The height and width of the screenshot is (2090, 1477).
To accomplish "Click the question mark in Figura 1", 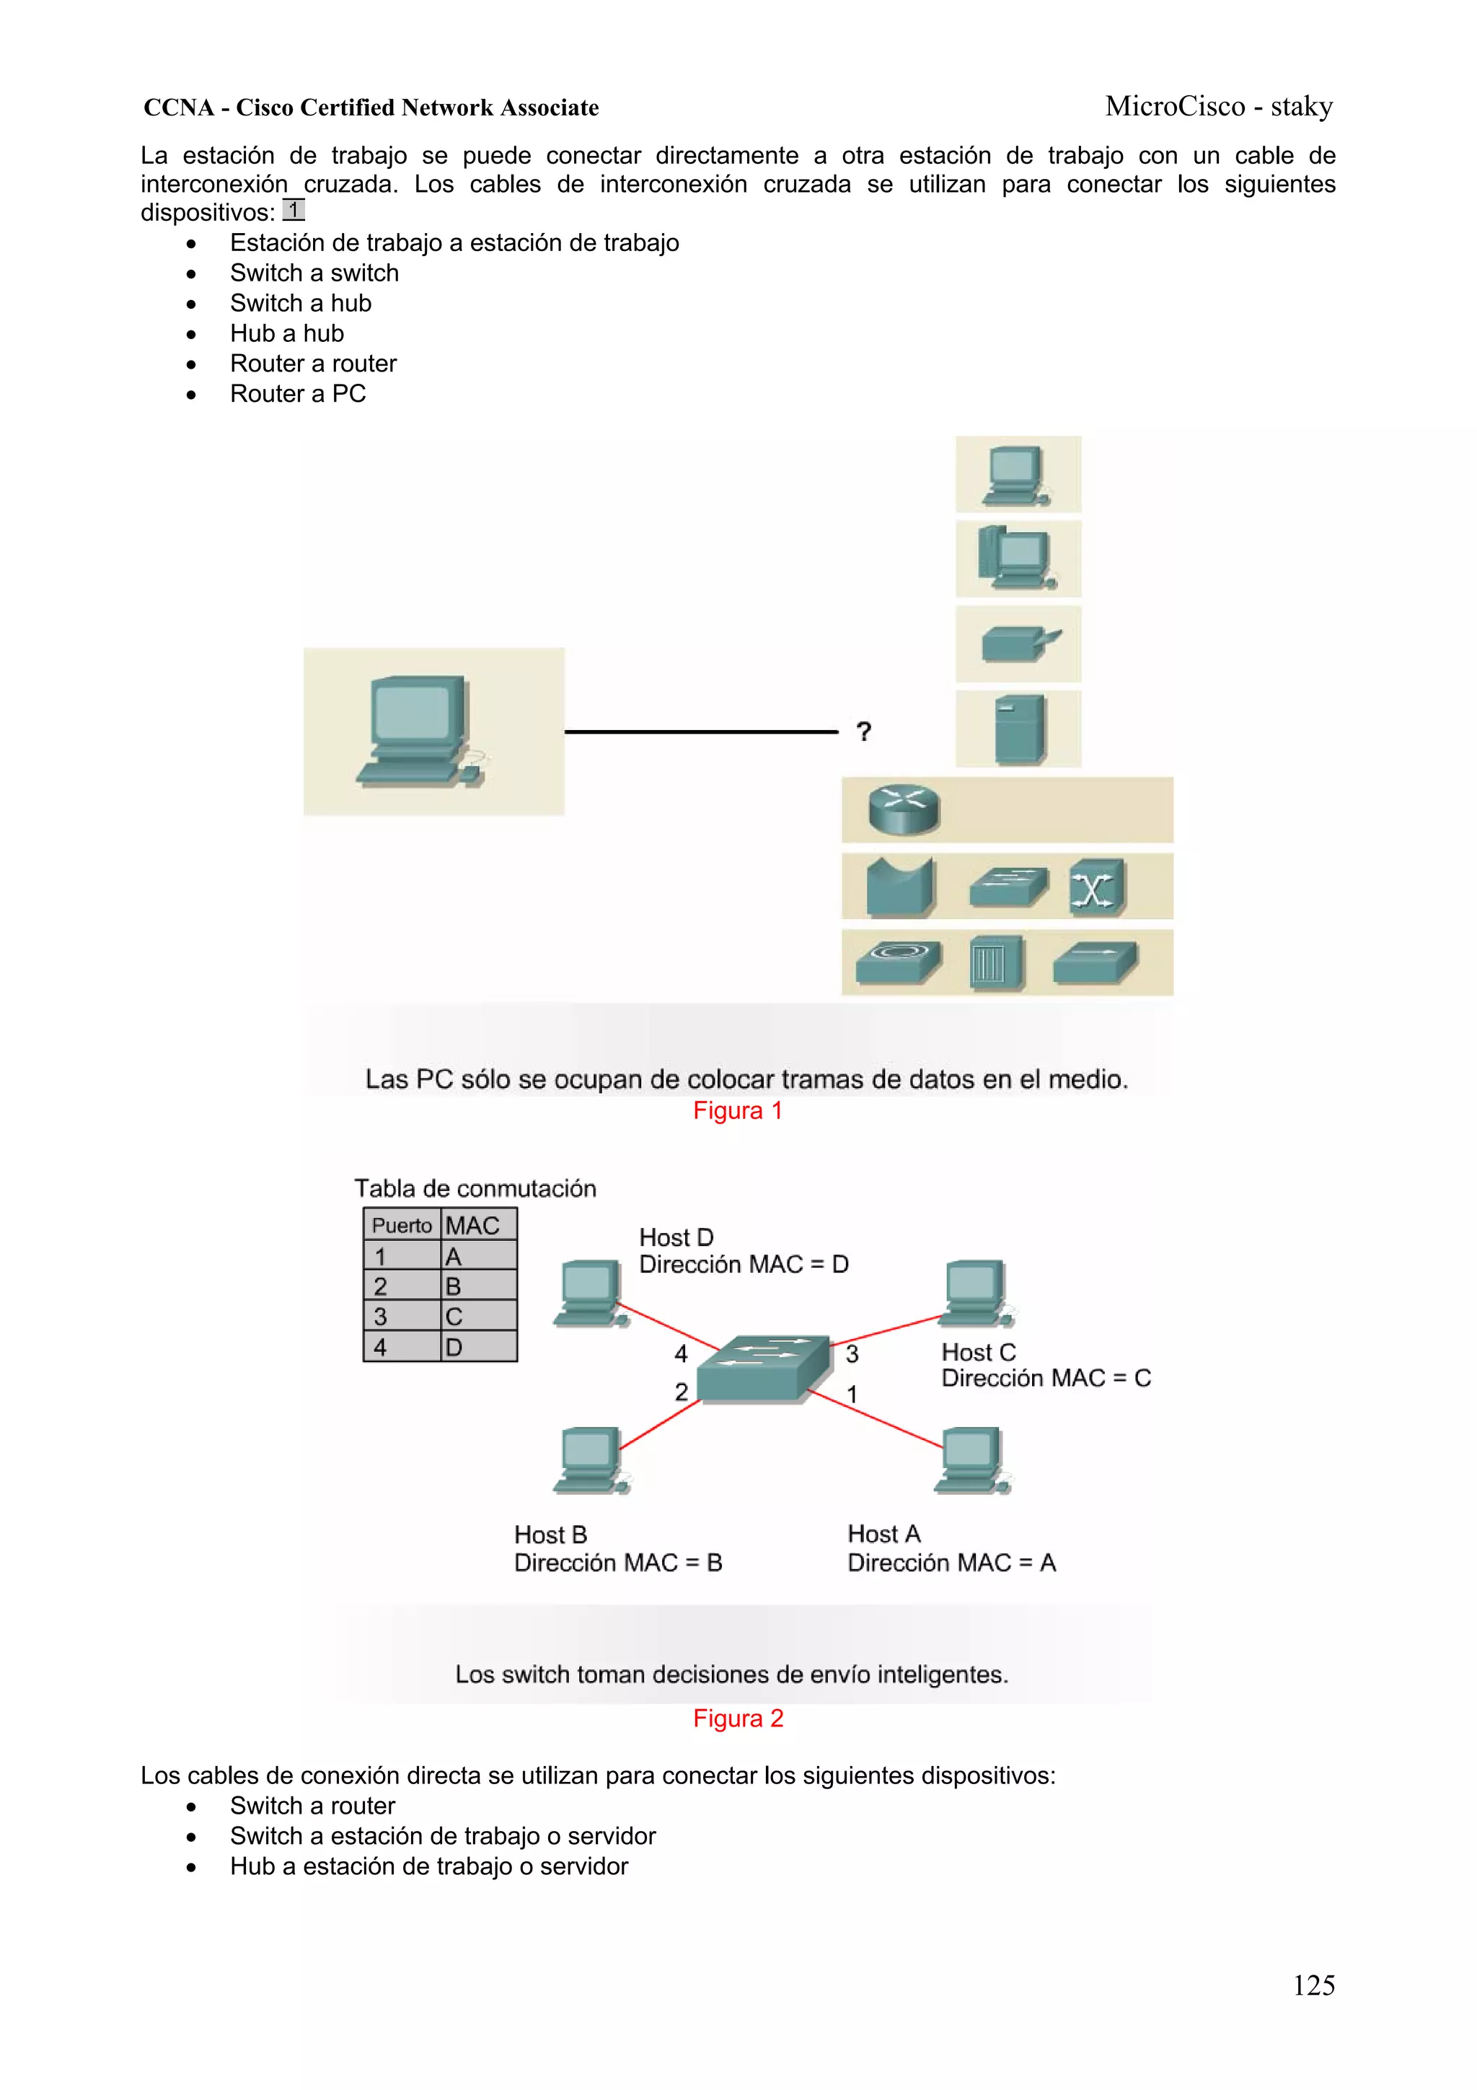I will click(864, 731).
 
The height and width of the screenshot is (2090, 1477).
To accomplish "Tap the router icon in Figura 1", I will click(904, 809).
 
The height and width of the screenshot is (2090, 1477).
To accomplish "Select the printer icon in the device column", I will click(1019, 644).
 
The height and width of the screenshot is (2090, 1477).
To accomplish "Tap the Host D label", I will click(676, 1237).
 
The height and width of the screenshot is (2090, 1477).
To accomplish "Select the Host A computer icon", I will click(973, 1460).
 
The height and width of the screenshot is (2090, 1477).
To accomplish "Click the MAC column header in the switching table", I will click(477, 1225).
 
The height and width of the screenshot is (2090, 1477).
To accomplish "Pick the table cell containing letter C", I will click(477, 1317).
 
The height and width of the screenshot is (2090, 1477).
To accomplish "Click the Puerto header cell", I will click(401, 1225).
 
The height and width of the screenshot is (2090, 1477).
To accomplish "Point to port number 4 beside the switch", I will click(681, 1353).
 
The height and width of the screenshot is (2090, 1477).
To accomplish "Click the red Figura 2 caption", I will click(738, 1718).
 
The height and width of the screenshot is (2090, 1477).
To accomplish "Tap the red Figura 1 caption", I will click(737, 1110).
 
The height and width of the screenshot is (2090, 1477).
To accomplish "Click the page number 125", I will click(1313, 1985).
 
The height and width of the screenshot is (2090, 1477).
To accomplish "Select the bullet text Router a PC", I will click(298, 393).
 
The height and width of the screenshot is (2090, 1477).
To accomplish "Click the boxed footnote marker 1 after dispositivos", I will click(293, 210).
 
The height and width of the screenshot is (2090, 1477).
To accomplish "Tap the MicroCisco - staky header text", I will click(1219, 107).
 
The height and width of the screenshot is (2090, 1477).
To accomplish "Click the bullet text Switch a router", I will click(312, 1805).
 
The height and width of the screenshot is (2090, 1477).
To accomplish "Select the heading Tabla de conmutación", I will click(475, 1188).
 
